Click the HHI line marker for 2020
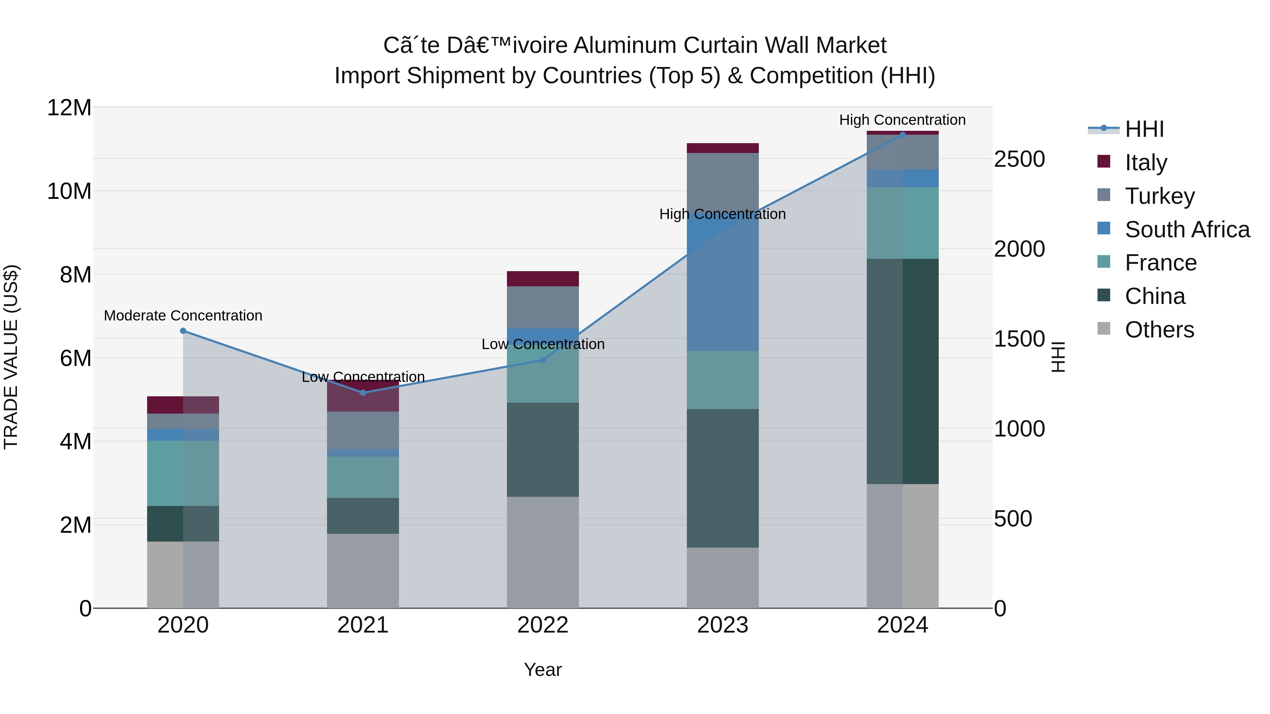pos(183,331)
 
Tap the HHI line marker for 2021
pos(363,393)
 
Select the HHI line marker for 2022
pos(543,360)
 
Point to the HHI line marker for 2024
pos(903,135)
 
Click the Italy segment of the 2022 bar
pos(543,279)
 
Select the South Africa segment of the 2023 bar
pos(723,286)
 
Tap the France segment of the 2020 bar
pos(183,473)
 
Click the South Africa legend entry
pos(1187,229)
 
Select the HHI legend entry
pos(1144,129)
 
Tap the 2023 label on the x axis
pos(723,625)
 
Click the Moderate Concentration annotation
pos(183,315)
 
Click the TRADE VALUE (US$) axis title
pos(11,357)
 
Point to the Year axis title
pos(543,670)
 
